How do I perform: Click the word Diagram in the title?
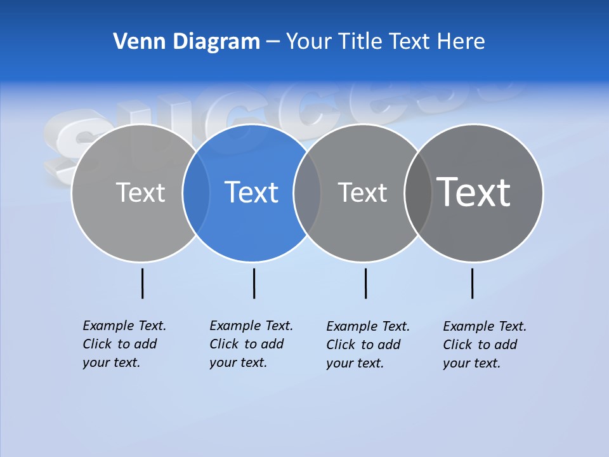[216, 41]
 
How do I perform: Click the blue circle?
[251, 222]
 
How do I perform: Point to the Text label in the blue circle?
[251, 192]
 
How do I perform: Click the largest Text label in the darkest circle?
[474, 192]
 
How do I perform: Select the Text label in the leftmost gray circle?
[140, 192]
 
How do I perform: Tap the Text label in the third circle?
[362, 192]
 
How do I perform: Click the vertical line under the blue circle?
[254, 283]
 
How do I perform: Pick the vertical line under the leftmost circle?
[142, 283]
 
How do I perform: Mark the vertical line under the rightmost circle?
[472, 283]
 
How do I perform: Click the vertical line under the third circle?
[365, 283]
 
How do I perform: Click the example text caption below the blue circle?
[251, 344]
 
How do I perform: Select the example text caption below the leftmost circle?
[124, 344]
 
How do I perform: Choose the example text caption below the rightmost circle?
[485, 345]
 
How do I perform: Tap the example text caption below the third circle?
[368, 345]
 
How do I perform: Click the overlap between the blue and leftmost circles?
[196, 192]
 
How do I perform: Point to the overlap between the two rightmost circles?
[418, 192]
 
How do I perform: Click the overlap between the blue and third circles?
[307, 192]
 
